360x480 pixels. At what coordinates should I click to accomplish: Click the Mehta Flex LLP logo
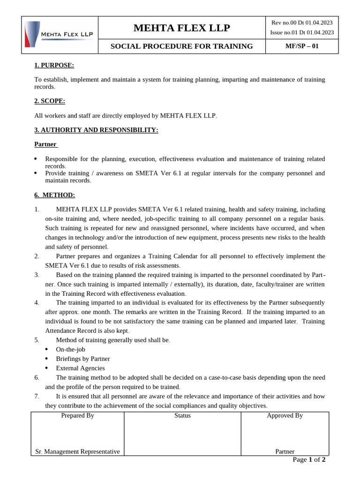(60, 34)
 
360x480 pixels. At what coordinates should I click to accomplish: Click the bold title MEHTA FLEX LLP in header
(181, 28)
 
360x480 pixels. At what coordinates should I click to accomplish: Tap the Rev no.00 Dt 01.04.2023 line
(302, 22)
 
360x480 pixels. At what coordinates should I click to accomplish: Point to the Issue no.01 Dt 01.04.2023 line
(302, 32)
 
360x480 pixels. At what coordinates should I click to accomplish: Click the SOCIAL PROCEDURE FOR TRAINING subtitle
(181, 46)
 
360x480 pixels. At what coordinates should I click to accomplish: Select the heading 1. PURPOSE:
(54, 65)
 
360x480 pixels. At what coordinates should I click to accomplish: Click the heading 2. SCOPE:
(50, 101)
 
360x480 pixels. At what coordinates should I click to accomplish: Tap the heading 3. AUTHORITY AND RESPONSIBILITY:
(96, 130)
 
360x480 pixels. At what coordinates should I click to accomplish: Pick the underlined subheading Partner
(45, 144)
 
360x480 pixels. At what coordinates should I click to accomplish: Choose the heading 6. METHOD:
(54, 195)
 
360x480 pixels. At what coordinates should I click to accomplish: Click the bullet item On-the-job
(70, 349)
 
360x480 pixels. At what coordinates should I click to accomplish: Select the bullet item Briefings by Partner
(82, 359)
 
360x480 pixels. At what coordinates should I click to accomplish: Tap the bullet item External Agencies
(80, 368)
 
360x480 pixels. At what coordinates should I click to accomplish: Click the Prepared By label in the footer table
(77, 416)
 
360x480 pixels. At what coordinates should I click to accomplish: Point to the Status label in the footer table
(182, 416)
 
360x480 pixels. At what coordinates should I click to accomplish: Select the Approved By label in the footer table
(285, 416)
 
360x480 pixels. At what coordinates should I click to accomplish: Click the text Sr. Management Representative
(77, 452)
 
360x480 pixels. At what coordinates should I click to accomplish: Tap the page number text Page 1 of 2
(308, 460)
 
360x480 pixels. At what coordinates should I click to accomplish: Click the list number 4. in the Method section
(37, 302)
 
